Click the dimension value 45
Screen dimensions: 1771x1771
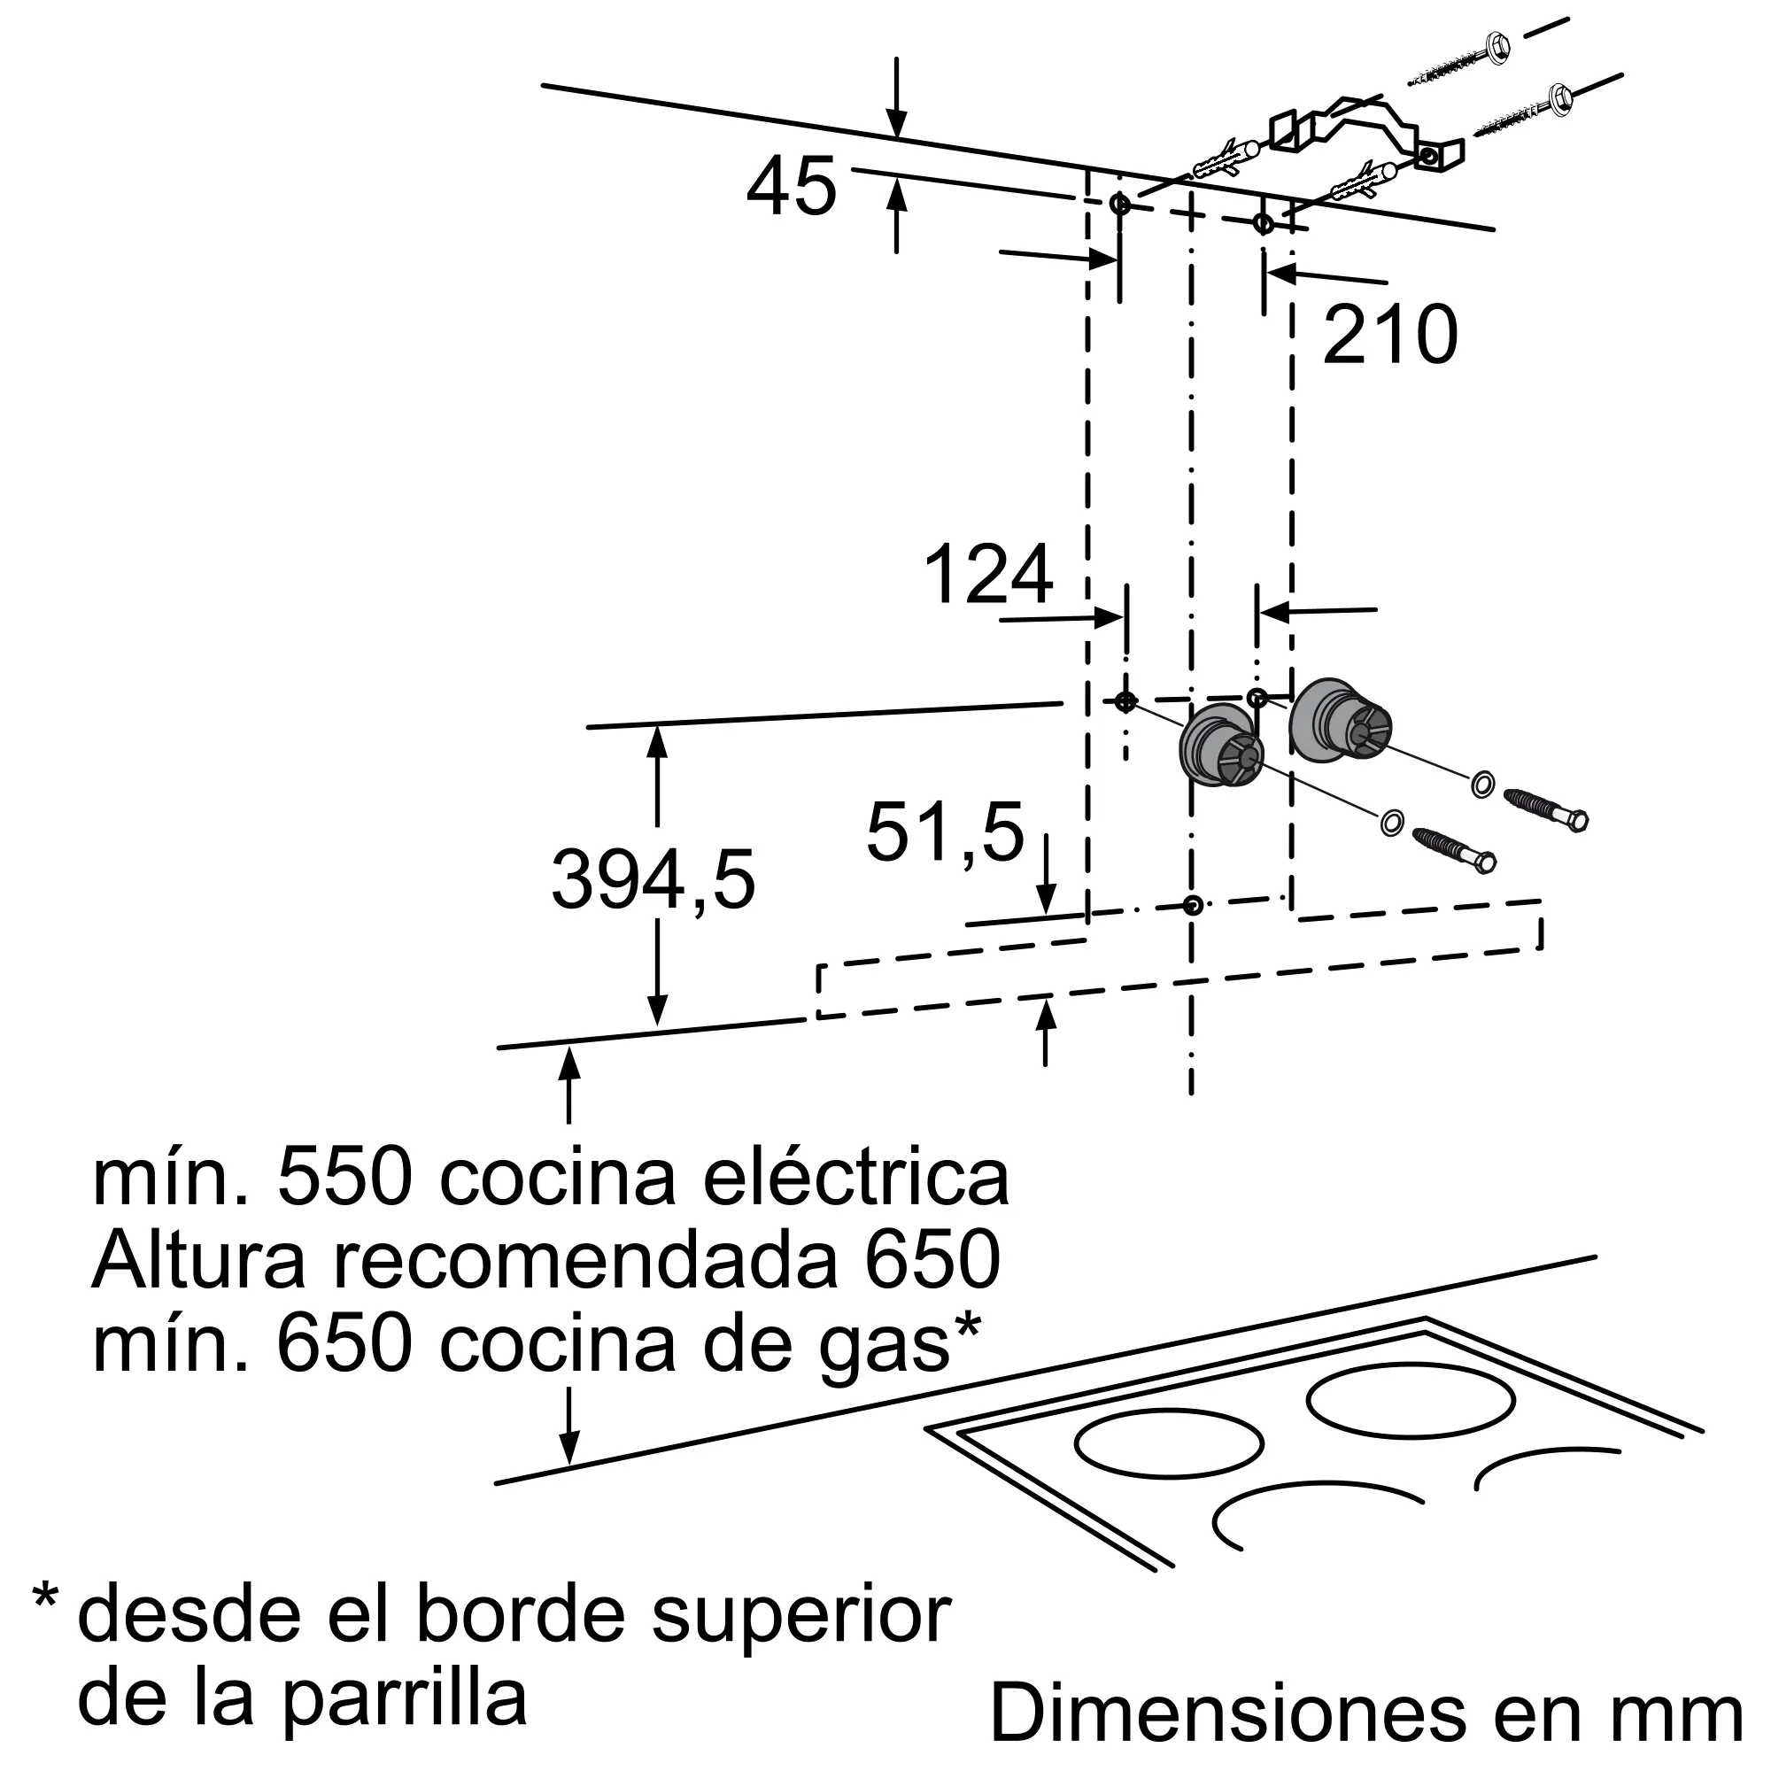click(792, 186)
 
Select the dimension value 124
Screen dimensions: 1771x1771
click(988, 574)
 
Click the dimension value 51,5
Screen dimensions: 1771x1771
click(945, 832)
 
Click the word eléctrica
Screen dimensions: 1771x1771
click(856, 1178)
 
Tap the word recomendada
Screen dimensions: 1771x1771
click(584, 1260)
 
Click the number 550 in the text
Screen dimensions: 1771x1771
click(344, 1178)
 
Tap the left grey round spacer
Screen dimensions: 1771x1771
click(1220, 750)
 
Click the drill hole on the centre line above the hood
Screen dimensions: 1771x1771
click(1192, 906)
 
